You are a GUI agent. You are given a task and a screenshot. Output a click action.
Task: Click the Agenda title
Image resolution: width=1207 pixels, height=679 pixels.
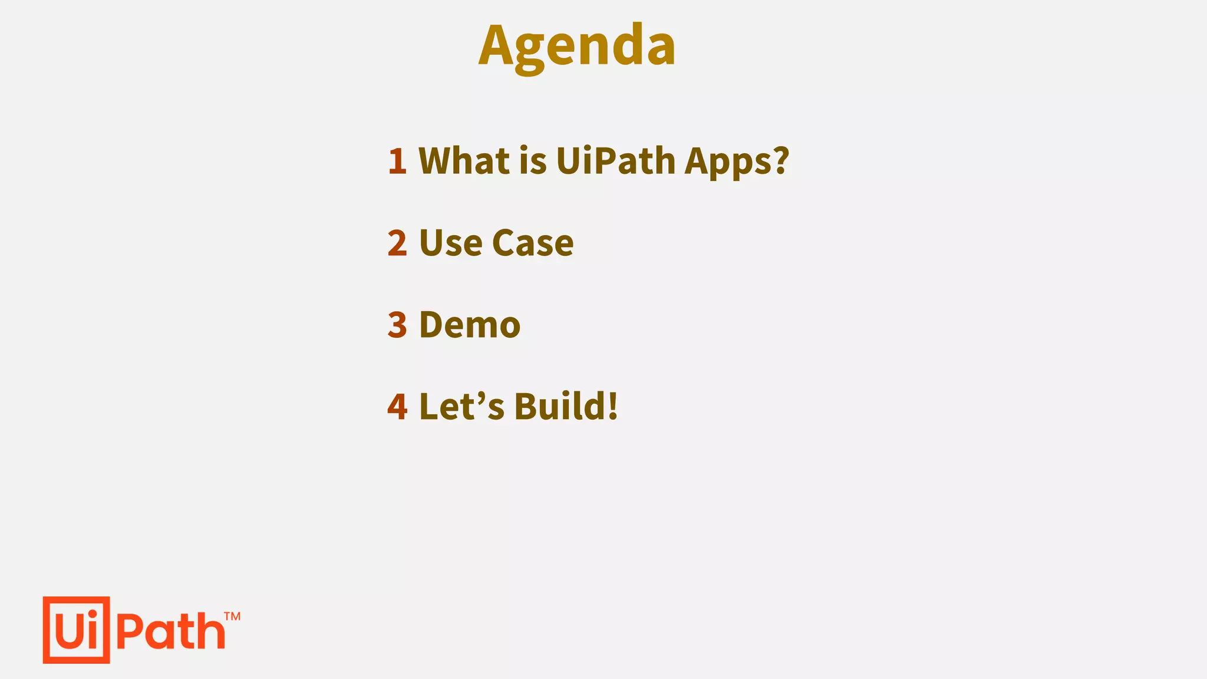pyautogui.click(x=577, y=46)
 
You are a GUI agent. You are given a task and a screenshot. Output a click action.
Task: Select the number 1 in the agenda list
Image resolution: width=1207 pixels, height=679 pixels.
pyautogui.click(x=397, y=160)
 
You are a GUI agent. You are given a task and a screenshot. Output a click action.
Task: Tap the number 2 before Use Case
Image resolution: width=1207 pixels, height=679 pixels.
pyautogui.click(x=397, y=242)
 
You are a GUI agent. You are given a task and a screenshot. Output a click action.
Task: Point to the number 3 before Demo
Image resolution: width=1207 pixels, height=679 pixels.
pyautogui.click(x=397, y=324)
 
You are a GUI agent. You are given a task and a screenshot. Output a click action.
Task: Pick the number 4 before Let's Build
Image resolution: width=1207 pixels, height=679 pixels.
pyautogui.click(x=397, y=406)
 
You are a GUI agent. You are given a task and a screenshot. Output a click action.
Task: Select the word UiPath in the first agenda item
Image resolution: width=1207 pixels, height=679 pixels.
pyautogui.click(x=615, y=160)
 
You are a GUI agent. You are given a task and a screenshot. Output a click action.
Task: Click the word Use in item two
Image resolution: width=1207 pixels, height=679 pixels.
pyautogui.click(x=451, y=242)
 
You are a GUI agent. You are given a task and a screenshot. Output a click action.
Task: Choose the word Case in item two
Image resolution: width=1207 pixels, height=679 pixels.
pyautogui.click(x=532, y=242)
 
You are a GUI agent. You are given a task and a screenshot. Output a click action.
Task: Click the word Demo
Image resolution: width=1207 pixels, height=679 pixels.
pyautogui.click(x=470, y=324)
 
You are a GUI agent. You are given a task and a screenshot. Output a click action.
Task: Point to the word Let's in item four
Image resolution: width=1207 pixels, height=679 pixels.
pyautogui.click(x=461, y=406)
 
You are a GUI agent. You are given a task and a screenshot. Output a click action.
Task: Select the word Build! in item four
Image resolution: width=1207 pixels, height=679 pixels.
pyautogui.click(x=566, y=406)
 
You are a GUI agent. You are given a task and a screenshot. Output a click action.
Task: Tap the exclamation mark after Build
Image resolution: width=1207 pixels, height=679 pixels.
pyautogui.click(x=612, y=406)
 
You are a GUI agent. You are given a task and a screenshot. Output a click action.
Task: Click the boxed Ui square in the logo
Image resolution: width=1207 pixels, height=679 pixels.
pyautogui.click(x=77, y=630)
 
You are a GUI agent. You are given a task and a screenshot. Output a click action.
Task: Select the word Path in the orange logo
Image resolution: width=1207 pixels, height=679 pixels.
pyautogui.click(x=171, y=631)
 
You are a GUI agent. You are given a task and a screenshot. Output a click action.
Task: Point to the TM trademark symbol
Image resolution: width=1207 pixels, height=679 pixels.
pyautogui.click(x=232, y=617)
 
